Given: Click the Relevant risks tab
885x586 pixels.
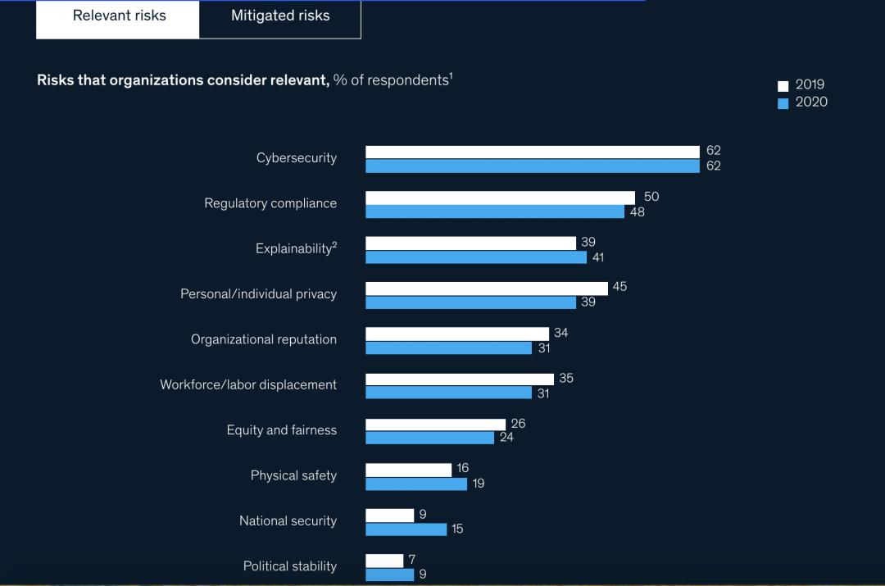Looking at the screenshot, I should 119,16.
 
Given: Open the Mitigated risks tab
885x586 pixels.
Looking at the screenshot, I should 280,16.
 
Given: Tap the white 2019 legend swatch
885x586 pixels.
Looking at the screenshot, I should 783,85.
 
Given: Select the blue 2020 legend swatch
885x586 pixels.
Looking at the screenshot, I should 783,102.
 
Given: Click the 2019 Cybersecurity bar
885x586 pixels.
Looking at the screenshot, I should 533,152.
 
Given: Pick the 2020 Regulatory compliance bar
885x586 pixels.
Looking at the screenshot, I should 495,211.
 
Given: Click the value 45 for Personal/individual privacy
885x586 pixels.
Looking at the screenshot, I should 619,287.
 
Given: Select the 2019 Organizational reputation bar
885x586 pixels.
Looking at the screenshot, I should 457,334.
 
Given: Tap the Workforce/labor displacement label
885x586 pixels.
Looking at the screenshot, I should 248,384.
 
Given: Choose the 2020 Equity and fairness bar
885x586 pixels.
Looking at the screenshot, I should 429,438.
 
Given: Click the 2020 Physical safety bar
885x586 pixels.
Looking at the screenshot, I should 416,484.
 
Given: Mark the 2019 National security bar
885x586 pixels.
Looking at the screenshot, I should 390,515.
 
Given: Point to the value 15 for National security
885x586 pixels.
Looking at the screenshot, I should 457,529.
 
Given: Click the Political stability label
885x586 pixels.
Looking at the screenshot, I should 290,566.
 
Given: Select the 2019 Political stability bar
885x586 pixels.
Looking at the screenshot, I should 384,561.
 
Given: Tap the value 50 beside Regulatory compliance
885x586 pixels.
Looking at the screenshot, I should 651,197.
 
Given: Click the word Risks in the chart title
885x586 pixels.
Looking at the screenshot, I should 55,80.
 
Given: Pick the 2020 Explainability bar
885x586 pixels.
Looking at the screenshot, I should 476,257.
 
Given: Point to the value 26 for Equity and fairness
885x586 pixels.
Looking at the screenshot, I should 518,424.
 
